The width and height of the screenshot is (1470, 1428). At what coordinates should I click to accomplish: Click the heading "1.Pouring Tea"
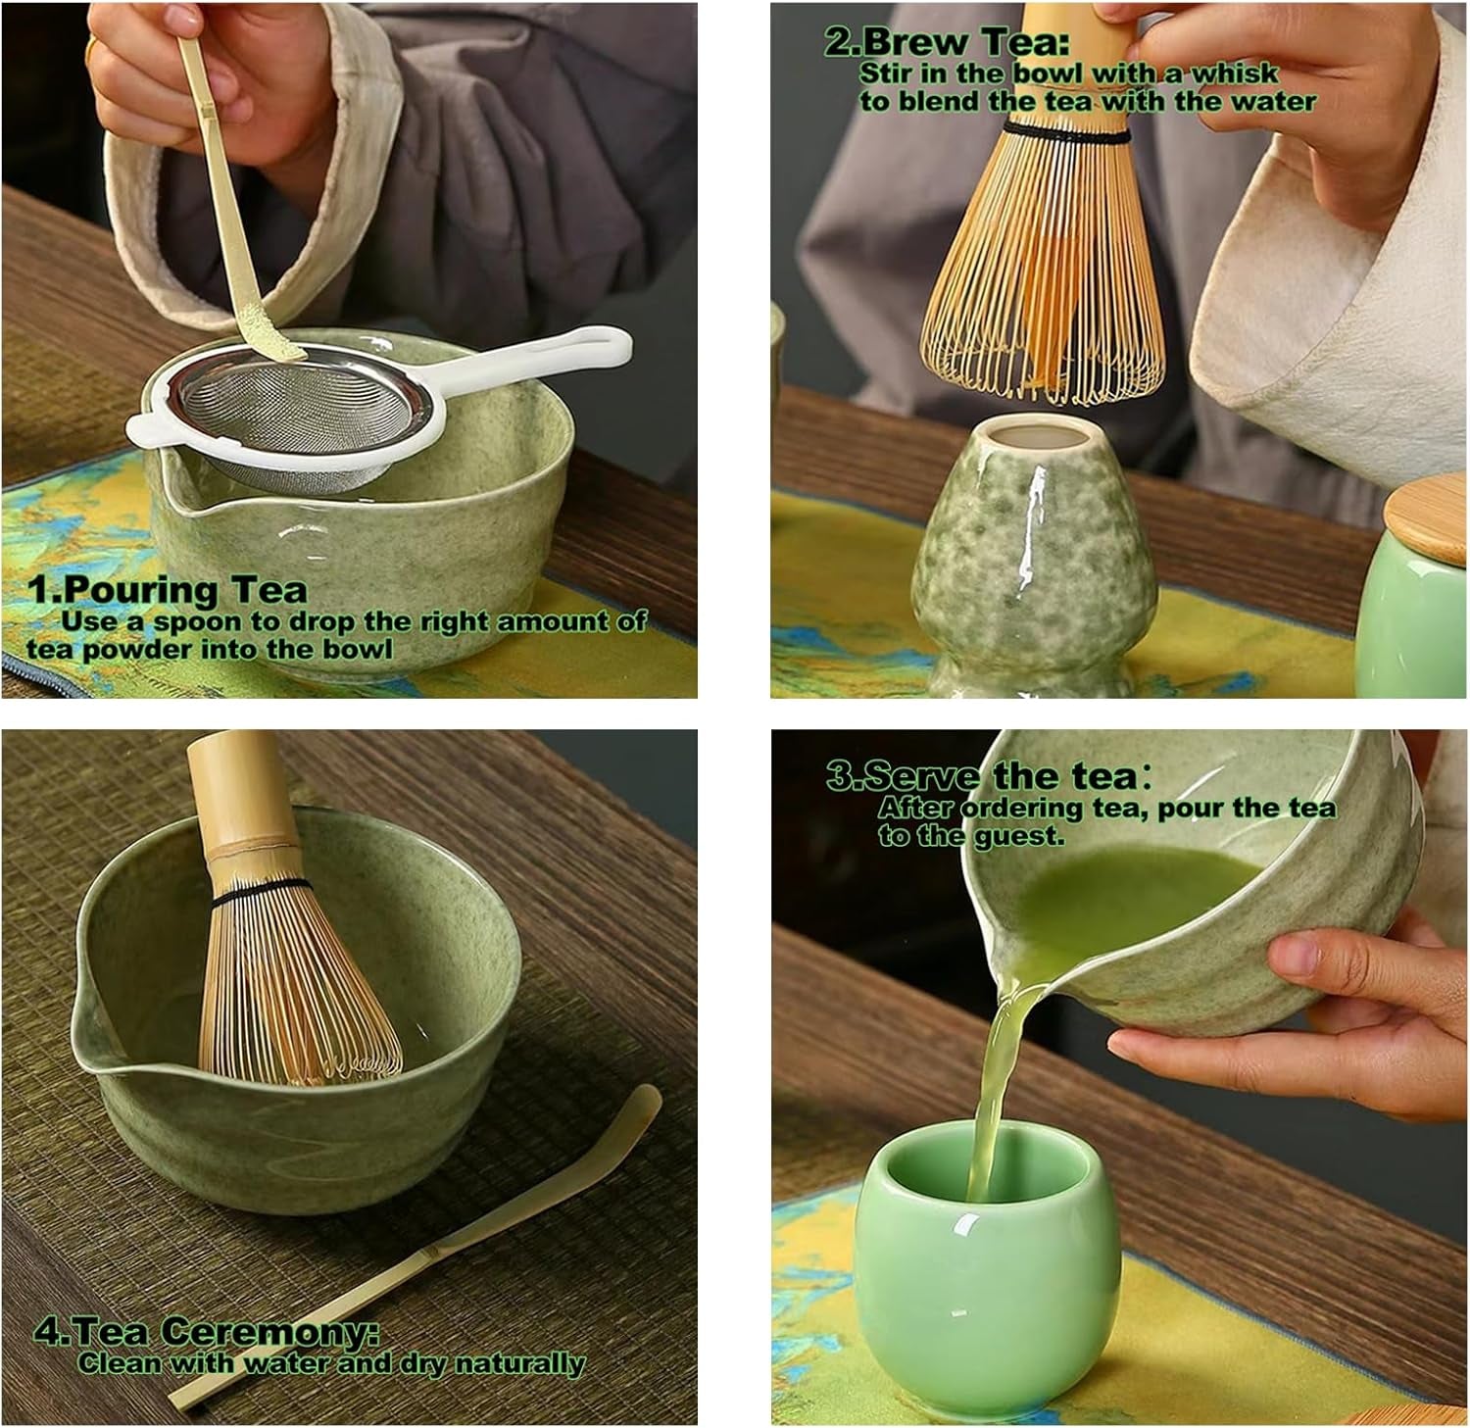(x=168, y=591)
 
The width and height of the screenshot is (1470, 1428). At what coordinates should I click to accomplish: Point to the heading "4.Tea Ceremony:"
(x=207, y=1332)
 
